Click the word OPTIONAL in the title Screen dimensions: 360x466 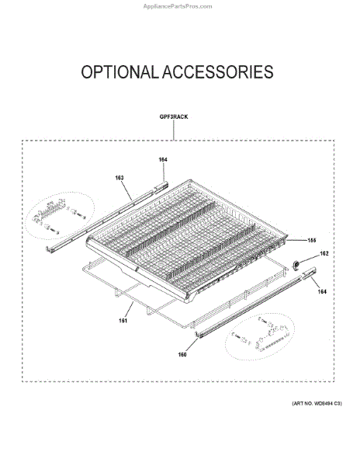[119, 72]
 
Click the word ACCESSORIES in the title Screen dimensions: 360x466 [218, 72]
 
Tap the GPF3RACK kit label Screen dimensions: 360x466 [174, 116]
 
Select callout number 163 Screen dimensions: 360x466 [119, 178]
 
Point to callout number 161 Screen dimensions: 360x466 [123, 320]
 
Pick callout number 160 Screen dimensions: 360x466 [182, 354]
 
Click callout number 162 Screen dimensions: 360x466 [324, 253]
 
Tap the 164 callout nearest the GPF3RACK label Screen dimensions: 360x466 [163, 159]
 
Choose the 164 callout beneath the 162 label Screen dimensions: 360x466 [322, 291]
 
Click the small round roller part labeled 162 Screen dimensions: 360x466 [296, 265]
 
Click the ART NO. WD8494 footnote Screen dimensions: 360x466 [317, 403]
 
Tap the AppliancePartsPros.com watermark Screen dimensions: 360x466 [178, 6]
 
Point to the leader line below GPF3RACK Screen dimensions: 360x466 [174, 130]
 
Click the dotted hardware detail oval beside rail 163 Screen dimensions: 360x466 [60, 215]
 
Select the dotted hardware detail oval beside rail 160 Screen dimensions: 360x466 [260, 336]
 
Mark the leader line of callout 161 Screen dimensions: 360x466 [129, 310]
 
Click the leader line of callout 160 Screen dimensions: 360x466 [192, 345]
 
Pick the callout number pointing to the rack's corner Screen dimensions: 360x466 [311, 240]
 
